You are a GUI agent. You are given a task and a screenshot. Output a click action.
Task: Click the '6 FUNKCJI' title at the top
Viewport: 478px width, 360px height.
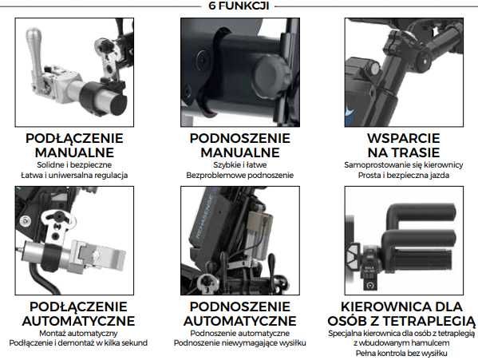[239, 6]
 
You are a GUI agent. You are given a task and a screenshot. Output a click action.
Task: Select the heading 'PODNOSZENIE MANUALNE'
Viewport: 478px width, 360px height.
[239, 144]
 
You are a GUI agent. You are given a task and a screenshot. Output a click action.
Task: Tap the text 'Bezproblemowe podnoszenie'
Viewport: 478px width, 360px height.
[239, 175]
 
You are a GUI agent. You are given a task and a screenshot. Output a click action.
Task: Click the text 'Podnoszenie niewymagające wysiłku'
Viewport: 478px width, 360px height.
[239, 343]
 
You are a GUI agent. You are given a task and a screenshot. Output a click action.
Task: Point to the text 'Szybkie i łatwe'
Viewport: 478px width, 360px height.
[239, 164]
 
